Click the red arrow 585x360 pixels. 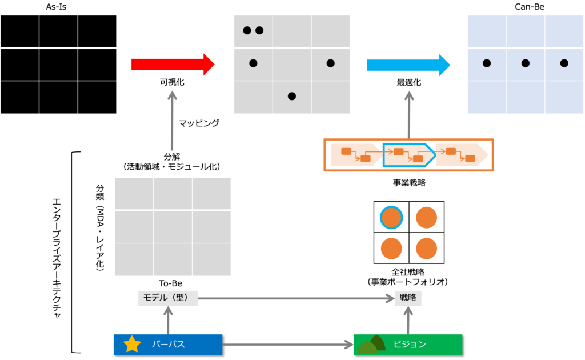pos(171,65)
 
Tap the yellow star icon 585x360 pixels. pos(132,344)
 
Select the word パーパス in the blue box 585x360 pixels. pos(169,345)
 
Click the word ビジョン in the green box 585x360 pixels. pos(410,345)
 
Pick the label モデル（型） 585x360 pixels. pos(167,298)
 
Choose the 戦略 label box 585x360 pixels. pos(408,298)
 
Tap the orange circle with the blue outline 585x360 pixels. pos(391,217)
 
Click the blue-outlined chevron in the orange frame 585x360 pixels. pos(407,155)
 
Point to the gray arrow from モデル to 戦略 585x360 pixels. pos(296,298)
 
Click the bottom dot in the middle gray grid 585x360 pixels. pos(292,97)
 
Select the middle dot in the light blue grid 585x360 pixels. pos(526,63)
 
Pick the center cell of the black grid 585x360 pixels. pos(58,65)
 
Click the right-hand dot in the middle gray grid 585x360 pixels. pos(330,63)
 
